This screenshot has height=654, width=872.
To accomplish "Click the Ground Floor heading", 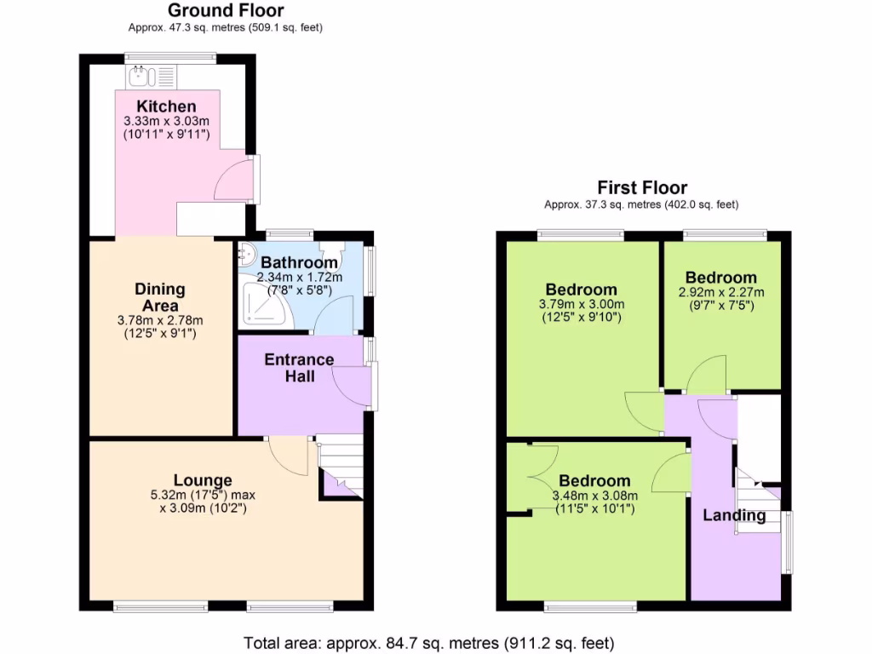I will pyautogui.click(x=226, y=11).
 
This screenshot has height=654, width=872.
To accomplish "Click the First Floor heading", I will pyautogui.click(x=641, y=188).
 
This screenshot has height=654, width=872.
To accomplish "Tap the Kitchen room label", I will pyautogui.click(x=167, y=106).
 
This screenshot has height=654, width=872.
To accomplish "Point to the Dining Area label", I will pyautogui.click(x=160, y=298).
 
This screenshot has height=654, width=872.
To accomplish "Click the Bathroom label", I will pyautogui.click(x=299, y=262).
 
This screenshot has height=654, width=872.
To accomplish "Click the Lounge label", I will pyautogui.click(x=203, y=480).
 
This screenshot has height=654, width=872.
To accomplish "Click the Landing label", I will pyautogui.click(x=733, y=515).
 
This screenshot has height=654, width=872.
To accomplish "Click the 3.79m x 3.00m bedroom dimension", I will pyautogui.click(x=582, y=305).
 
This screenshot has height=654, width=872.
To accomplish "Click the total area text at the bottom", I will pyautogui.click(x=428, y=642).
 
